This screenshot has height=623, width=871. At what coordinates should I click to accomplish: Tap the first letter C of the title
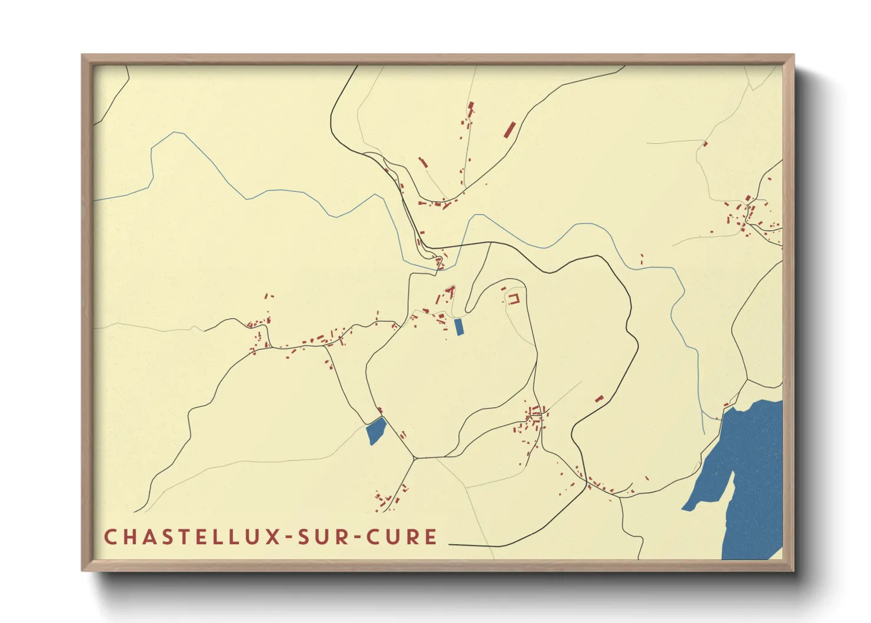click(x=110, y=537)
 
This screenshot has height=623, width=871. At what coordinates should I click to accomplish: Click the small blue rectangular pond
click(x=459, y=327)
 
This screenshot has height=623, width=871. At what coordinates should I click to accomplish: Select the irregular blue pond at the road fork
click(x=375, y=430)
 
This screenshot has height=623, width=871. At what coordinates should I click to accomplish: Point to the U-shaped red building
click(x=514, y=299)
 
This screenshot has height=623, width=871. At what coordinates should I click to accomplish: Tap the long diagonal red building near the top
click(x=510, y=130)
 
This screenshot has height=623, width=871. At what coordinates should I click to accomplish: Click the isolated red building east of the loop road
click(x=599, y=399)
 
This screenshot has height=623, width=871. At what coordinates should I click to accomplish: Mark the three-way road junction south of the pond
click(x=414, y=458)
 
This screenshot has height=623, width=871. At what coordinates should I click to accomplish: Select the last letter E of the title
click(x=431, y=537)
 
